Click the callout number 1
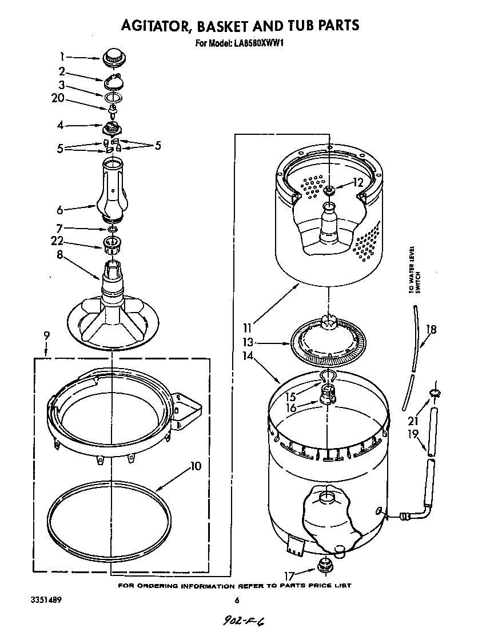pyautogui.click(x=62, y=57)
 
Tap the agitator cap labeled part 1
pyautogui.click(x=114, y=58)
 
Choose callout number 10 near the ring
pyautogui.click(x=196, y=466)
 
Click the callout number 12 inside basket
pyautogui.click(x=358, y=183)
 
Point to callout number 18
pyautogui.click(x=431, y=329)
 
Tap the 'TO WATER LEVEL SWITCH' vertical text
pyautogui.click(x=413, y=270)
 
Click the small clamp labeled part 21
pyautogui.click(x=435, y=393)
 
